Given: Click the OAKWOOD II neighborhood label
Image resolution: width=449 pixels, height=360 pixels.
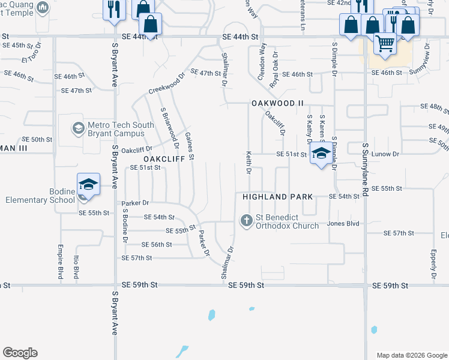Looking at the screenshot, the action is (277, 103).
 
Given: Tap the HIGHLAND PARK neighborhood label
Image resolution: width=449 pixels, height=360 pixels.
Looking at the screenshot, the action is (277, 197).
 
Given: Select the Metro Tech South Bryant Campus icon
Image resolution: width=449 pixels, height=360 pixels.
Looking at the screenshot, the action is (78, 128).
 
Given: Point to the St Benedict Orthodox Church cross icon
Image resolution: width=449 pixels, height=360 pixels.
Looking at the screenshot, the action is (246, 221).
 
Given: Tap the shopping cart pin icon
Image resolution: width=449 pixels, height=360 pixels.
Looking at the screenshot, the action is (385, 43).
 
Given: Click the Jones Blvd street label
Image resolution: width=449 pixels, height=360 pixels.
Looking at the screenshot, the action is (343, 223).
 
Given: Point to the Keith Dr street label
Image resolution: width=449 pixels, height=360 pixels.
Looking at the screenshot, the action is (248, 163).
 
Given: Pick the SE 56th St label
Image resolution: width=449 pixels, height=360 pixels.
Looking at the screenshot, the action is (157, 245).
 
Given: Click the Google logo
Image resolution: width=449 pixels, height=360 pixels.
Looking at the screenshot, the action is (20, 353).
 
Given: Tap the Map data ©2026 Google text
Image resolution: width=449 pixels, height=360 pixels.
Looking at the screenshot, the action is (411, 355).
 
